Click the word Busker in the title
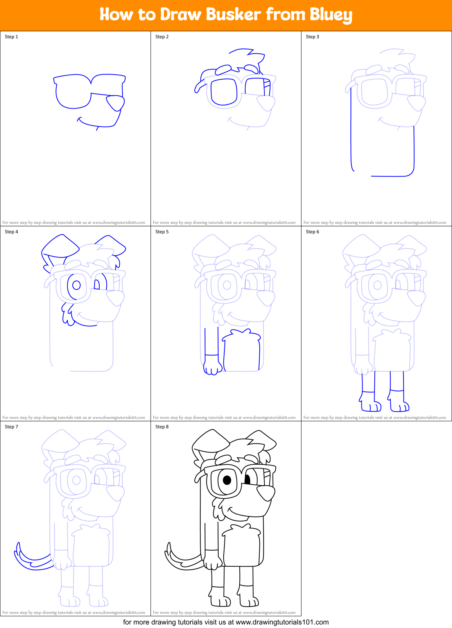[x=233, y=14]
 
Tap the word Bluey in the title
[x=331, y=15]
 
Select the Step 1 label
[x=11, y=37]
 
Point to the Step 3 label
[x=312, y=37]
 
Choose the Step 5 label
[x=162, y=232]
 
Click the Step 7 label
[x=11, y=427]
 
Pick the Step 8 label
[x=162, y=427]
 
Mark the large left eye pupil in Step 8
[x=227, y=480]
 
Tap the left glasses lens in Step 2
[x=224, y=92]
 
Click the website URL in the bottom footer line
[x=282, y=622]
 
